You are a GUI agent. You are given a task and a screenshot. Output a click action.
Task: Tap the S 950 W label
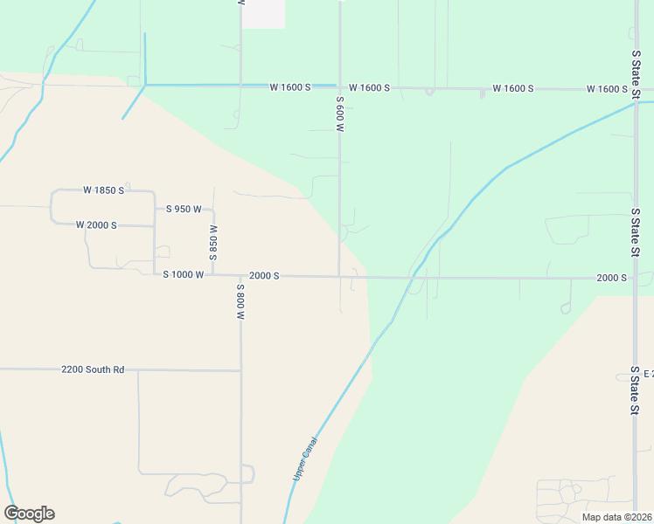(184, 210)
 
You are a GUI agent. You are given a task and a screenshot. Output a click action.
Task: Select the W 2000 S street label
(97, 225)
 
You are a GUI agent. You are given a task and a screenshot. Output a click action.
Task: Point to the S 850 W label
(213, 242)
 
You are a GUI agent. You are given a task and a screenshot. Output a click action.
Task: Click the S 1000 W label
(184, 275)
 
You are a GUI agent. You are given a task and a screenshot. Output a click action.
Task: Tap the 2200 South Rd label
(94, 370)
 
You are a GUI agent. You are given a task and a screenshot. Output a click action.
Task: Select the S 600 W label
(339, 114)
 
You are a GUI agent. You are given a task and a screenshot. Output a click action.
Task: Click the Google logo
(29, 514)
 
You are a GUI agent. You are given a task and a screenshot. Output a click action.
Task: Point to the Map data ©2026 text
(617, 517)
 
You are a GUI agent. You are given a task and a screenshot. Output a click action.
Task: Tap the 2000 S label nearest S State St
(611, 278)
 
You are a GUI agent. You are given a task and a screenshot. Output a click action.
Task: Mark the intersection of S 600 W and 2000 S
(339, 277)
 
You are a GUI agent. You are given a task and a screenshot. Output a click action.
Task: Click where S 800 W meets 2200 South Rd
(240, 370)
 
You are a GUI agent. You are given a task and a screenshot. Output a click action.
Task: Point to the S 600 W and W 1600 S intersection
(339, 87)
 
